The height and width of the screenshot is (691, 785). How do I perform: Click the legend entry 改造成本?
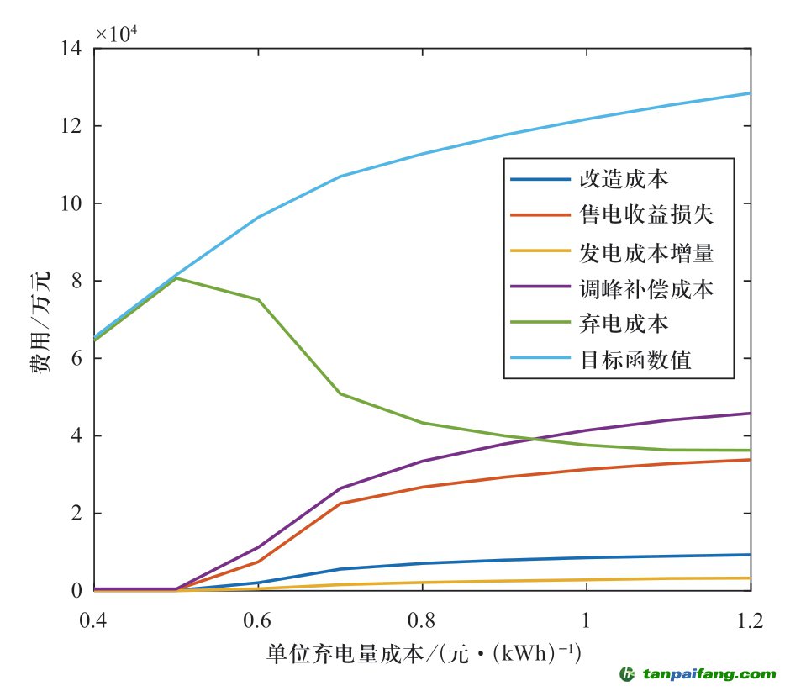(x=624, y=180)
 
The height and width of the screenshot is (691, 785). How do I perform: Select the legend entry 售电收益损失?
(x=646, y=216)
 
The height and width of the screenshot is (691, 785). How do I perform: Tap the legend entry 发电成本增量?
(x=646, y=252)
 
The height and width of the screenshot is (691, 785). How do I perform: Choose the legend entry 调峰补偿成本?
(x=646, y=288)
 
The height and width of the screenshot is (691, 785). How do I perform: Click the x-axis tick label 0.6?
(x=257, y=621)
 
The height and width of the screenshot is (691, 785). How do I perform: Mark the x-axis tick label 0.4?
(x=94, y=621)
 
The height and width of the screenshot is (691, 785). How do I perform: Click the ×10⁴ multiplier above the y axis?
(x=117, y=34)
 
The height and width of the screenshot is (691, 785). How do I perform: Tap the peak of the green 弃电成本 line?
(x=176, y=277)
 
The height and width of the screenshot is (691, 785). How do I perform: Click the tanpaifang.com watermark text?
(x=710, y=674)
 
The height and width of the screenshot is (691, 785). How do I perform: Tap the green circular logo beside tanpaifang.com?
(x=626, y=674)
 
